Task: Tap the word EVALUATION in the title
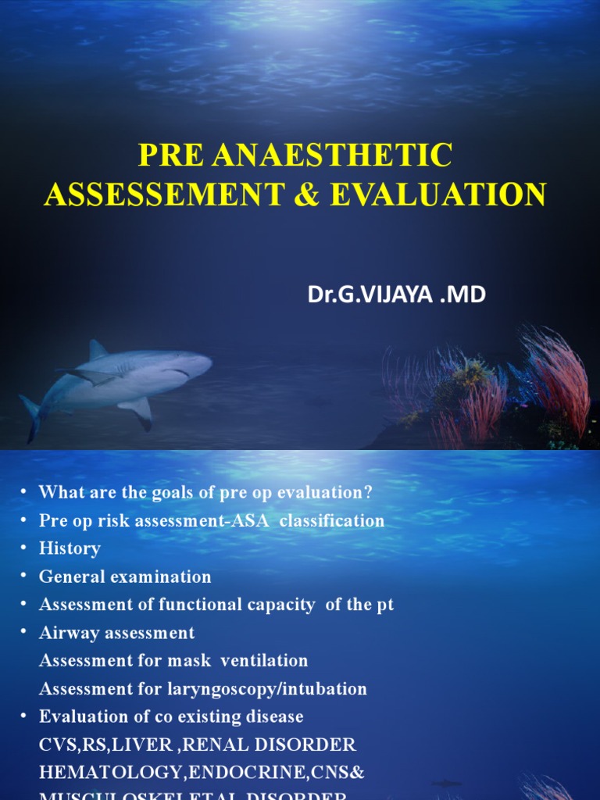[438, 194]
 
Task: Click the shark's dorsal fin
[98, 349]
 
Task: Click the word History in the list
[70, 548]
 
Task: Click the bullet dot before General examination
[24, 576]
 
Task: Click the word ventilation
[264, 661]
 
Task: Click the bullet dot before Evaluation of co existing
[24, 716]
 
